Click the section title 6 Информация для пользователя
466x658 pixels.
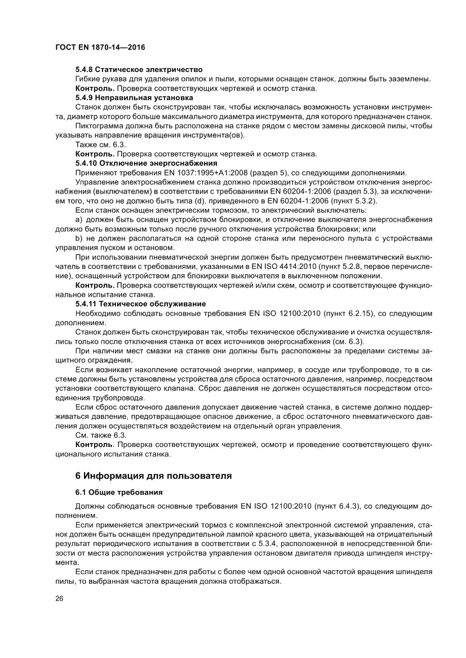(154, 476)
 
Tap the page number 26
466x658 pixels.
(59, 598)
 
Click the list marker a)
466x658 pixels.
(79, 220)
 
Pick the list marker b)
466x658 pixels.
(79, 238)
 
